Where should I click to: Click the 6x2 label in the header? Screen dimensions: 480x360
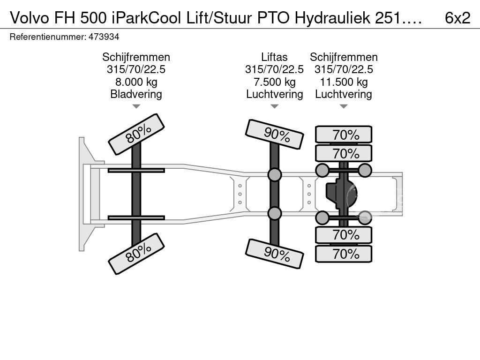(x=457, y=18)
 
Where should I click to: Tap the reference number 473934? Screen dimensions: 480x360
(x=104, y=37)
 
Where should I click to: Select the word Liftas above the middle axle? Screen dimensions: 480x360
(x=274, y=57)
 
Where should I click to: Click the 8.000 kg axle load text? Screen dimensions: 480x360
(x=136, y=82)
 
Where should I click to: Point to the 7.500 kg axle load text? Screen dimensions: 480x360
(x=275, y=82)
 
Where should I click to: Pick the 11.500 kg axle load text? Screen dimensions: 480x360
(x=344, y=82)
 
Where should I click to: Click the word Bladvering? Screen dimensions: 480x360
(x=136, y=94)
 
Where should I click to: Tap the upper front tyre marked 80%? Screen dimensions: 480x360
(x=136, y=135)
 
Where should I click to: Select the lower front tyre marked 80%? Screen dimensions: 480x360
(x=136, y=254)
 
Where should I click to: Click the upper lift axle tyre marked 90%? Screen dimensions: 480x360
(x=275, y=135)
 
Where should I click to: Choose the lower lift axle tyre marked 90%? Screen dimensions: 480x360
(x=275, y=254)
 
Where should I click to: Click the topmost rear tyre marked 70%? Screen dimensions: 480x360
(x=344, y=135)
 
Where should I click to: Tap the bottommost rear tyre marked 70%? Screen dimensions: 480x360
(x=344, y=254)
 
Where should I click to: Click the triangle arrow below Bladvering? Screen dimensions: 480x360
(x=136, y=106)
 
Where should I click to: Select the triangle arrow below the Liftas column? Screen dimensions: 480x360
(x=275, y=106)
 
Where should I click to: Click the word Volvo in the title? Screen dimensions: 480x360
(x=30, y=18)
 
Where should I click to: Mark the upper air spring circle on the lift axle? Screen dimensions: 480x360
(x=275, y=174)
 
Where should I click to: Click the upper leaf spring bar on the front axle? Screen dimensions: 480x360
(x=136, y=170)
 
